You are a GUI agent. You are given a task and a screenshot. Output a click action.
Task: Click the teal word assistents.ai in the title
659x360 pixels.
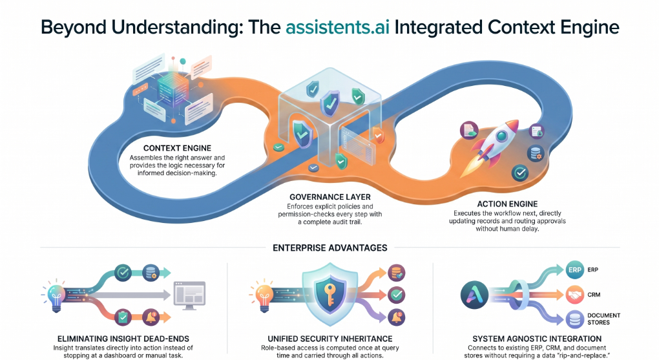[337, 27]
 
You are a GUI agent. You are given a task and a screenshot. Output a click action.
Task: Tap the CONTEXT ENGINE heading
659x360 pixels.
[177, 148]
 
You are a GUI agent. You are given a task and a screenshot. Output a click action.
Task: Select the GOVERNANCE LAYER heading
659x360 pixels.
[330, 197]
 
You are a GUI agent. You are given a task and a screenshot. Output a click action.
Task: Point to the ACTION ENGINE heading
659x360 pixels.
[507, 204]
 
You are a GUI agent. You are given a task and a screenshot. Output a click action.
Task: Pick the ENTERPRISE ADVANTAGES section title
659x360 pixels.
[330, 248]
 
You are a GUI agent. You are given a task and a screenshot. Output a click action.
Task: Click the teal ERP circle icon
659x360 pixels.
[574, 270]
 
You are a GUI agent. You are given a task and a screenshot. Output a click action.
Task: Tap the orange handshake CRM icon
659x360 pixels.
[574, 295]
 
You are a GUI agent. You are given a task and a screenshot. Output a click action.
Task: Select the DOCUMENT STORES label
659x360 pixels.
[604, 319]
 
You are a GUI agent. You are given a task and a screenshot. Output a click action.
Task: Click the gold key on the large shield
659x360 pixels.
[329, 294]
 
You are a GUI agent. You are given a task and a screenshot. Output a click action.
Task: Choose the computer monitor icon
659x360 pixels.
[189, 295]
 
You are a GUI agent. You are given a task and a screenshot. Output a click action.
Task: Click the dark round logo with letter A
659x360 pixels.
[474, 295]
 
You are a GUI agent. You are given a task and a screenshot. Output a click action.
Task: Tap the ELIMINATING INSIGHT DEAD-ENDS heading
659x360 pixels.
[123, 339]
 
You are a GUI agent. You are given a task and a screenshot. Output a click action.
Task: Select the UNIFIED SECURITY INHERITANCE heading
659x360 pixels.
[330, 339]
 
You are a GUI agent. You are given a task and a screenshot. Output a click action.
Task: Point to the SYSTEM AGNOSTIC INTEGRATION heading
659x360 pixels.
[537, 339]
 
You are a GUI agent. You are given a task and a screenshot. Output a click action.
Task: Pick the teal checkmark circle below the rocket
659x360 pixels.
[520, 173]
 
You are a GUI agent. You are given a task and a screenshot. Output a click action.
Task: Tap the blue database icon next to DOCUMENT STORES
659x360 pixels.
[574, 319]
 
